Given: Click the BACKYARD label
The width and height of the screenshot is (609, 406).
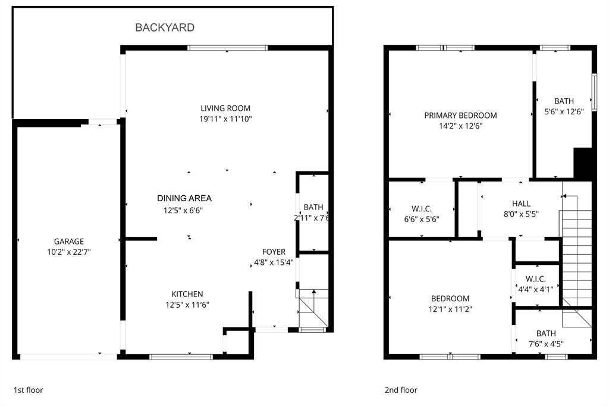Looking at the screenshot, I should point(165,27).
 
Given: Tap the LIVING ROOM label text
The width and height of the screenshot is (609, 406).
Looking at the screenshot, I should point(225,108).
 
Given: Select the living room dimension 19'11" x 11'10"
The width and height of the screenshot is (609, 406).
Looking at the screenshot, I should point(225,119).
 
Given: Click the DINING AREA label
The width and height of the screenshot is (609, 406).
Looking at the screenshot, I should point(184,198).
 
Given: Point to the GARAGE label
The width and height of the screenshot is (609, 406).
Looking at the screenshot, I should point(69,241).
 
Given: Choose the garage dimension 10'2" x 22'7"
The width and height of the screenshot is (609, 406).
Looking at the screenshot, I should point(69,252).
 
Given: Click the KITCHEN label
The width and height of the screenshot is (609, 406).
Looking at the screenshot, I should point(187,294).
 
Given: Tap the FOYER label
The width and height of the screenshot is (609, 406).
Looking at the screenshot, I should point(274,252).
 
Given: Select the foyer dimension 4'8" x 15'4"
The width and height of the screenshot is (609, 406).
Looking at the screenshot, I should point(274,263).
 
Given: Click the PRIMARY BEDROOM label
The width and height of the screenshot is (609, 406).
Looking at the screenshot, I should point(460,115).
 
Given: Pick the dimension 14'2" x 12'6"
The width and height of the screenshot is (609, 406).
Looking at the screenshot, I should point(460,126).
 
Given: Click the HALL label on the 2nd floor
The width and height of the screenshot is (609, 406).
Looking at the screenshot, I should point(521,204).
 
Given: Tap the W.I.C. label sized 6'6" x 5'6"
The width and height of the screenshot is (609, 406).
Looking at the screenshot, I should point(421,208).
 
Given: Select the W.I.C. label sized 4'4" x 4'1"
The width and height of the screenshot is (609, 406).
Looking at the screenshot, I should point(539,279).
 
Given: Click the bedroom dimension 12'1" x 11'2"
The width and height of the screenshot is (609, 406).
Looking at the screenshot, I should point(450,309).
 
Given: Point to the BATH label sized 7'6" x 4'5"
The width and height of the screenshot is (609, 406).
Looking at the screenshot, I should point(546,333).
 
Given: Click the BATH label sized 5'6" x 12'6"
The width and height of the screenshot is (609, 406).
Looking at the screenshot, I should point(564,101).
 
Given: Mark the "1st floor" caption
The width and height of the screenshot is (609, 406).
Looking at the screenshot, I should point(29,391).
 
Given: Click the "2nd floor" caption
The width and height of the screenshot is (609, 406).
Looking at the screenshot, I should point(401,391).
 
